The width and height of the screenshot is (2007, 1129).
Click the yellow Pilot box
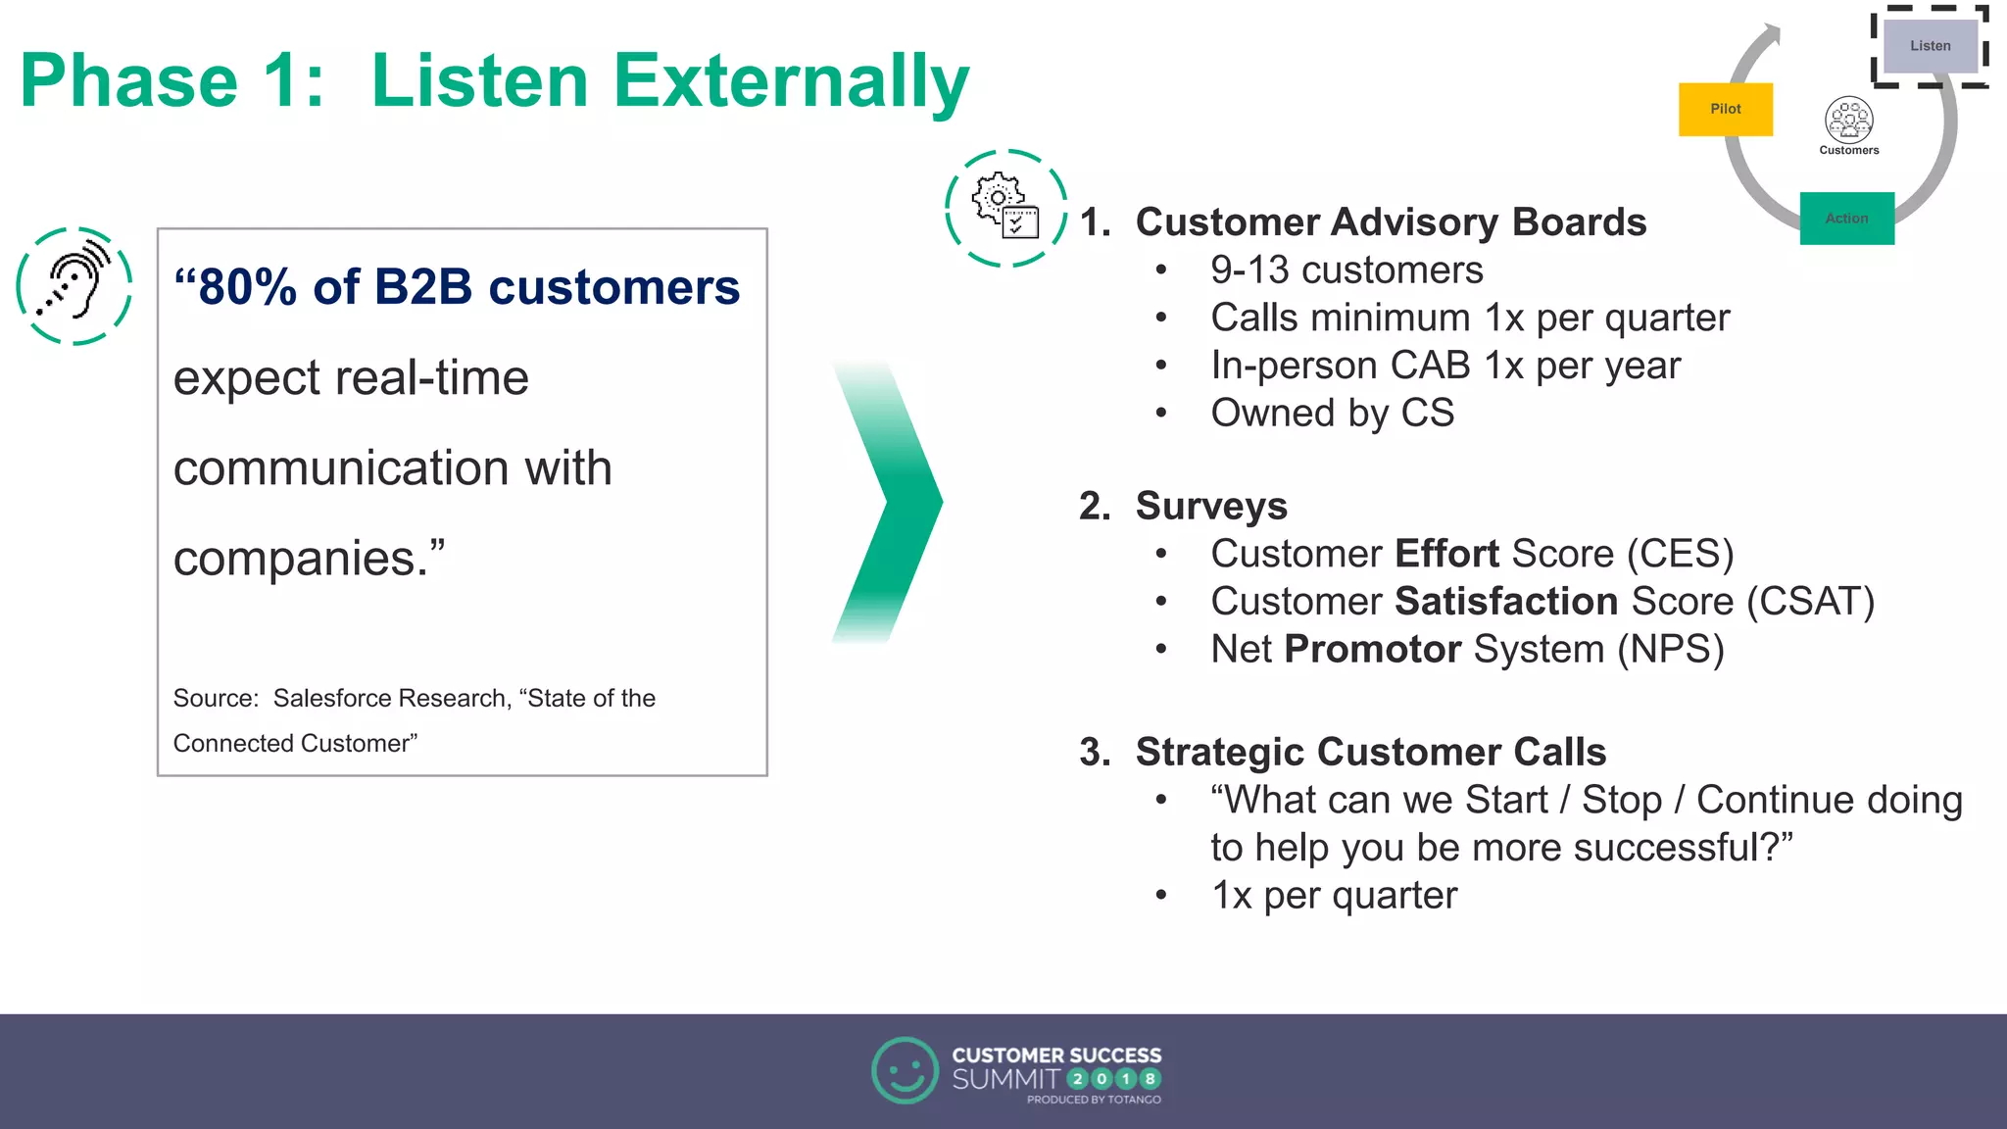coord(1725,109)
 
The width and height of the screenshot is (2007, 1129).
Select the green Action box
coord(1846,218)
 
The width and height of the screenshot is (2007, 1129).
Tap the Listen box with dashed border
coord(1930,46)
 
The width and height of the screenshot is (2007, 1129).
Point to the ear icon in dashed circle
coord(74,285)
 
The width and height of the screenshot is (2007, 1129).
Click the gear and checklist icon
coord(1005,207)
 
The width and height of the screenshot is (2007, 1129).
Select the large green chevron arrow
coord(888,501)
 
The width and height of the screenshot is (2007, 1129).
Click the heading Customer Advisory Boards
coord(1390,221)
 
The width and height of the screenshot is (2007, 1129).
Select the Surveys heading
coord(1210,506)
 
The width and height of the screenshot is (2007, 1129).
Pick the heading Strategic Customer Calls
coord(1370,752)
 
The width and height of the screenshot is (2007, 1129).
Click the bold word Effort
coord(1446,554)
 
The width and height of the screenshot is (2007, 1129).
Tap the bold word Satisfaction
coord(1506,601)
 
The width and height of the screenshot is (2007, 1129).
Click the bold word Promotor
coord(1372,649)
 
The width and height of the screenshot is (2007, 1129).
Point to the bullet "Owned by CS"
coord(1332,413)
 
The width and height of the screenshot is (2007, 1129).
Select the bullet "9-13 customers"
coord(1346,270)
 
